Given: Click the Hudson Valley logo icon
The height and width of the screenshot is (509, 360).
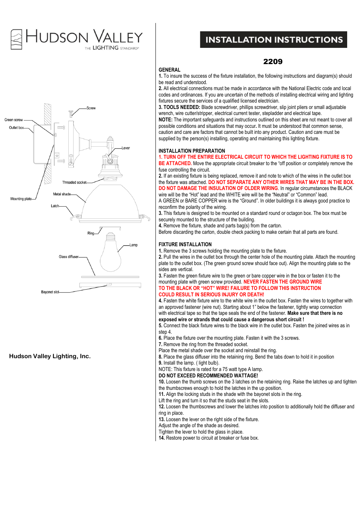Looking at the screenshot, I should click(x=16, y=40).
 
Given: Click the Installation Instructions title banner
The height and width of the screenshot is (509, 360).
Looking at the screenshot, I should click(x=274, y=40).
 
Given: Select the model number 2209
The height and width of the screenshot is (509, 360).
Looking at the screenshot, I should click(x=272, y=61).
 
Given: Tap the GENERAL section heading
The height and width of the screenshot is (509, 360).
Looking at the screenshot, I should click(x=169, y=70).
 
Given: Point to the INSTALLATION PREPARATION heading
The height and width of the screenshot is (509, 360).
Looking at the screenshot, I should click(x=192, y=151).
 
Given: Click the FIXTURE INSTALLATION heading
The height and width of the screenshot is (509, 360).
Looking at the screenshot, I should click(x=185, y=244).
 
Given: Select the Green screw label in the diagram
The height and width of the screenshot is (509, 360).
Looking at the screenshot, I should click(x=14, y=120).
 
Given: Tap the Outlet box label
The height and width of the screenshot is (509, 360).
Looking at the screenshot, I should click(x=16, y=128).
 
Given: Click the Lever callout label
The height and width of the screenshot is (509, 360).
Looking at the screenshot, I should click(x=126, y=148).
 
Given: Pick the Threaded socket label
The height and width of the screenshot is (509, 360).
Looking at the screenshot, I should click(x=74, y=182).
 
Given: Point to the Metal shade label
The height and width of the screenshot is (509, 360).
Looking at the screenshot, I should click(x=62, y=194).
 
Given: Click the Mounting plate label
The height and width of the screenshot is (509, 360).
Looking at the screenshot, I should click(x=21, y=199).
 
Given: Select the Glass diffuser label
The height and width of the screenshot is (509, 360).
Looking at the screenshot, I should click(x=68, y=257).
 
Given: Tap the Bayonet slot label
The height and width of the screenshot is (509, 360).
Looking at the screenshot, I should click(x=50, y=292).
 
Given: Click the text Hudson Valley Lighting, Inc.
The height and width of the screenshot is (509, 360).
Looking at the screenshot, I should click(x=50, y=356).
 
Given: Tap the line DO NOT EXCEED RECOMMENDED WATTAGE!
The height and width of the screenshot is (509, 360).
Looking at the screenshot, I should click(x=208, y=376).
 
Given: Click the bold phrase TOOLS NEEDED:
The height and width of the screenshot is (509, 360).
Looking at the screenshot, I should click(x=182, y=107).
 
